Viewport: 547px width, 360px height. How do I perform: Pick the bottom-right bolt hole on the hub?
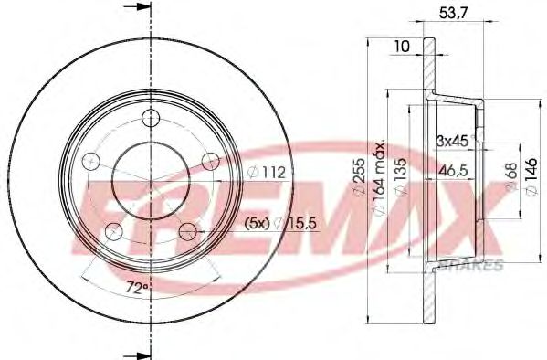(186, 230)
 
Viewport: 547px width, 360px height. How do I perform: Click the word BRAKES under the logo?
(472, 264)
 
